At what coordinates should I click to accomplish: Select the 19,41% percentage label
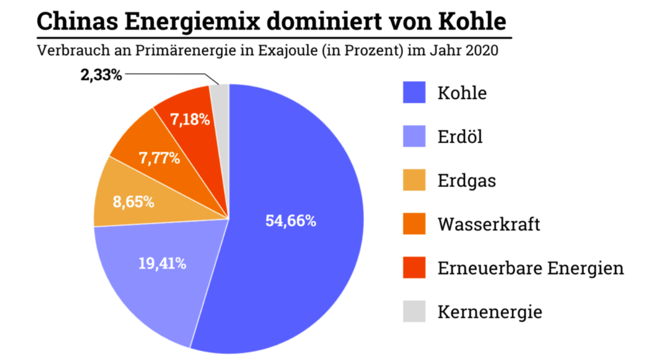click(x=162, y=263)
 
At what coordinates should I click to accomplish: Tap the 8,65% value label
click(x=133, y=203)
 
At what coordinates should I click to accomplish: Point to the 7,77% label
click(x=160, y=159)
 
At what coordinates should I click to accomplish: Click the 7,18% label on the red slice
click(x=189, y=120)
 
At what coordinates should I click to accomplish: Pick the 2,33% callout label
click(x=101, y=76)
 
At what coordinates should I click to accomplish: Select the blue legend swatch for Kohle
click(x=414, y=93)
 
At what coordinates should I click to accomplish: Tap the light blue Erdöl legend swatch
click(x=414, y=137)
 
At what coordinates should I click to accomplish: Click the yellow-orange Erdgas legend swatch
click(x=414, y=180)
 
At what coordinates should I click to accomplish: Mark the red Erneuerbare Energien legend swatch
click(x=414, y=268)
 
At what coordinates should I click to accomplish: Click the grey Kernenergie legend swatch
click(x=414, y=312)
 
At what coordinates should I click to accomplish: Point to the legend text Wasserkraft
click(x=489, y=224)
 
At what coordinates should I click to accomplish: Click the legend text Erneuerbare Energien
click(x=530, y=268)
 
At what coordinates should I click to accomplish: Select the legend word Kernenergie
click(x=489, y=312)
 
